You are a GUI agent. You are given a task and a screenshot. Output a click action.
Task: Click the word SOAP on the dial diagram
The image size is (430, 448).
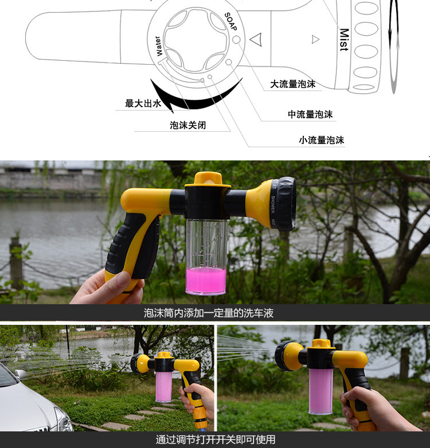pyautogui.click(x=231, y=21)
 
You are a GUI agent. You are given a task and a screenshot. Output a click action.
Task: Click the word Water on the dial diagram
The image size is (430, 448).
pyautogui.click(x=158, y=46)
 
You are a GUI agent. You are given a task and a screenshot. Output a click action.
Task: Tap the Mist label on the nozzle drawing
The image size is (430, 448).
pyautogui.click(x=344, y=40)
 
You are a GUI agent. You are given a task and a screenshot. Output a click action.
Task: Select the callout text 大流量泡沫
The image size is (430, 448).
pyautogui.click(x=293, y=84)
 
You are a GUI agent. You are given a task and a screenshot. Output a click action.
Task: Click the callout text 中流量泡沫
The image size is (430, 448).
pyautogui.click(x=310, y=114)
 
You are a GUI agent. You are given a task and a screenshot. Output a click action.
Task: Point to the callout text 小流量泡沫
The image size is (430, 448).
pyautogui.click(x=322, y=140)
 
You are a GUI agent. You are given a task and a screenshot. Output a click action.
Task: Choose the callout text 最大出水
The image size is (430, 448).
pyautogui.click(x=143, y=103)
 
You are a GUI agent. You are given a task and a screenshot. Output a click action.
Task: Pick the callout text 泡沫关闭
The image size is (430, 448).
pyautogui.click(x=188, y=125)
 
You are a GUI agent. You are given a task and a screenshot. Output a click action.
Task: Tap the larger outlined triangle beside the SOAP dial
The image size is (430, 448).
pyautogui.click(x=257, y=40)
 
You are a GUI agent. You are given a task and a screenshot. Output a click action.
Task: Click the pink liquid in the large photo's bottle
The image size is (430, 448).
pyautogui.click(x=206, y=281)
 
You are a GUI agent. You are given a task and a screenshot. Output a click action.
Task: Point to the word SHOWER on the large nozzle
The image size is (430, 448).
pyautogui.click(x=272, y=205)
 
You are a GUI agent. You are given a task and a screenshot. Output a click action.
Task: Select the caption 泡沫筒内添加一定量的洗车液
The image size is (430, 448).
pyautogui.click(x=209, y=313)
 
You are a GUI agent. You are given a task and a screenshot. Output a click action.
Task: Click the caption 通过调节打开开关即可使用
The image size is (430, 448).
pyautogui.click(x=216, y=440)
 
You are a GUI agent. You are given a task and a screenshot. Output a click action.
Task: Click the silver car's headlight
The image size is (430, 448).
pyautogui.click(x=64, y=419)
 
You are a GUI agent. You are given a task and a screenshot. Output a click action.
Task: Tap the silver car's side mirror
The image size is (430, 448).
pyautogui.click(x=20, y=374)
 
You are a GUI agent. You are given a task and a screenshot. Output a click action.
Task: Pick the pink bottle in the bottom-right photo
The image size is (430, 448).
pyautogui.click(x=321, y=391)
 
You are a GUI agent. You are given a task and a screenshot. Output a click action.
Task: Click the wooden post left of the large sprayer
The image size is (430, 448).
pyautogui.click(x=16, y=263)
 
